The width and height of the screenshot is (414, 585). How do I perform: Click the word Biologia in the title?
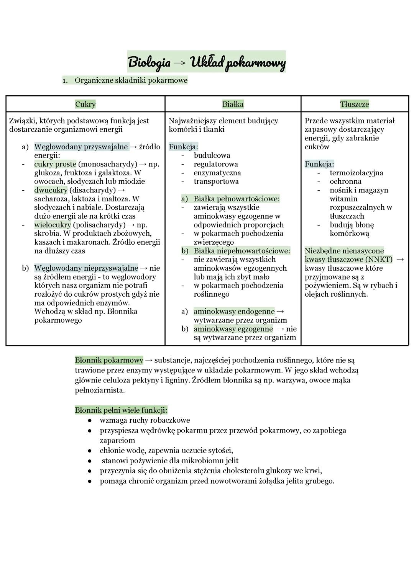(149, 62)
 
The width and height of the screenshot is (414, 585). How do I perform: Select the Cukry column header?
(85, 104)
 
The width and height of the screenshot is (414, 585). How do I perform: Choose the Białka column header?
(233, 104)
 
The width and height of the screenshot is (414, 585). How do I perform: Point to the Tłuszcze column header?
(355, 104)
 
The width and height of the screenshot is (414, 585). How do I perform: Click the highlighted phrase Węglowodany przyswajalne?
(81, 147)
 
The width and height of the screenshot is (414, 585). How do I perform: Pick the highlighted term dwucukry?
(51, 190)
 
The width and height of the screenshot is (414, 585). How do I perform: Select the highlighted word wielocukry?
(53, 225)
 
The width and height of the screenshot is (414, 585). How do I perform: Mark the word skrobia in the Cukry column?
(46, 234)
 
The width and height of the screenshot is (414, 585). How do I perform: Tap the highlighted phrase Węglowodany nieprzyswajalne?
(86, 268)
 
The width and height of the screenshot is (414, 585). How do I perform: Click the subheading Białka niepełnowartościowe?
(242, 251)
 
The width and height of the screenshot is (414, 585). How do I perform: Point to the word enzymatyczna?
(217, 173)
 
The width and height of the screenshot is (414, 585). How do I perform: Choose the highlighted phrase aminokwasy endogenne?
(234, 312)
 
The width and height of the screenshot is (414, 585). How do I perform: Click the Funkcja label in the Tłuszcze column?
(319, 164)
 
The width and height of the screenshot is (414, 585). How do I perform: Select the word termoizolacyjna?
(356, 173)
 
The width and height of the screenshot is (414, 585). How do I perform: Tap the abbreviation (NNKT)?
(379, 260)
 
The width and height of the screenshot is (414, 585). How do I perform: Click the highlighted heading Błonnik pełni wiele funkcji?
(121, 410)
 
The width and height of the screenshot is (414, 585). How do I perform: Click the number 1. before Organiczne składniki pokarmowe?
(65, 80)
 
